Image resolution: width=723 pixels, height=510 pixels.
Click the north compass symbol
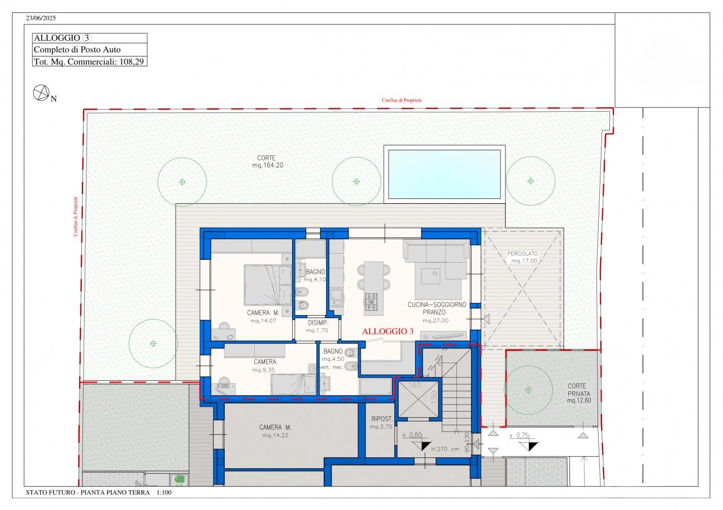(41, 93)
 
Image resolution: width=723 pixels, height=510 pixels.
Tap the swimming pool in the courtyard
(445, 174)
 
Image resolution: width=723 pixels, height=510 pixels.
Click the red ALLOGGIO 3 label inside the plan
(387, 332)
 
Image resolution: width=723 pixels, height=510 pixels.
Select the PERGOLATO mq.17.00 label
(522, 258)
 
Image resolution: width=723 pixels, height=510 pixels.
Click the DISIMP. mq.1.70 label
(317, 326)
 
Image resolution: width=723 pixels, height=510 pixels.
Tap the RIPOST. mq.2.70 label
(381, 422)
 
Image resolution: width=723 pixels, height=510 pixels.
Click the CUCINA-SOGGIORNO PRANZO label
(437, 308)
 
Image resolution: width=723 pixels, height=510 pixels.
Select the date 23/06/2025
(41, 18)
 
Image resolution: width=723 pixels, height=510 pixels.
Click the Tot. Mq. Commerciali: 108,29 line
(89, 62)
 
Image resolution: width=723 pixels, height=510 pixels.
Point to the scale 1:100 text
(164, 492)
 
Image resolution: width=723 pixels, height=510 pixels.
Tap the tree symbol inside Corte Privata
(528, 390)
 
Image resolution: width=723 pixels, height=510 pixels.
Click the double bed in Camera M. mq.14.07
(268, 285)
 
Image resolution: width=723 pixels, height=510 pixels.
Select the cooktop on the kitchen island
(371, 302)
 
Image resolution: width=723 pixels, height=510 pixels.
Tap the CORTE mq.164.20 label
(268, 162)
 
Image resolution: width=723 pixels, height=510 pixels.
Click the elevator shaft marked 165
(419, 400)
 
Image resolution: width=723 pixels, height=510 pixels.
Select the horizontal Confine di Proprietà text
(402, 101)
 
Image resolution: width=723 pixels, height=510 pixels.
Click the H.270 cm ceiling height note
(445, 448)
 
